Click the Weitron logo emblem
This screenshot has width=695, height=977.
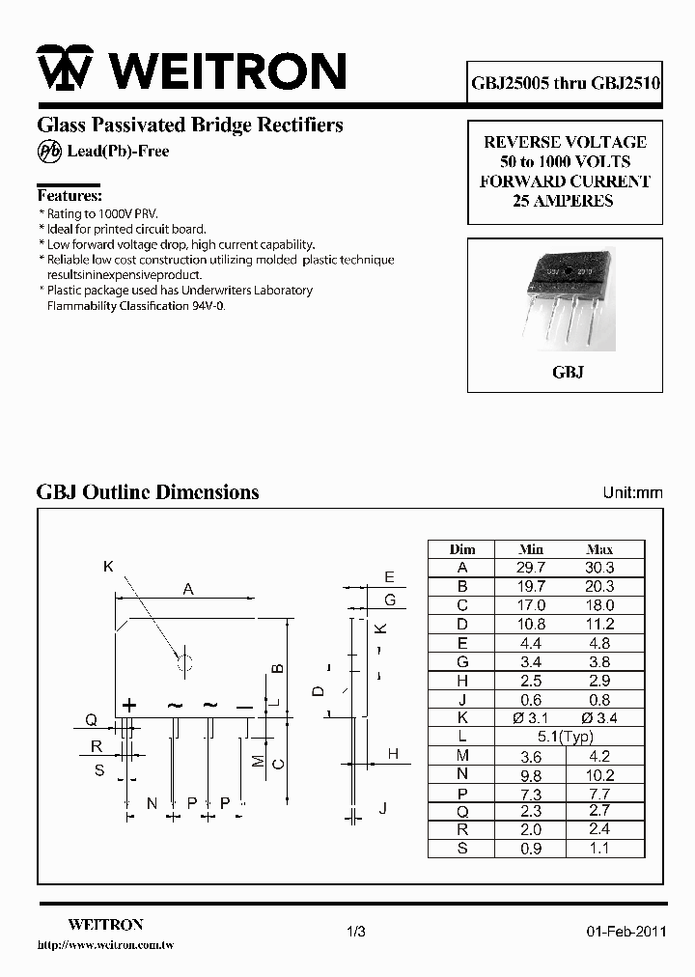[65, 70]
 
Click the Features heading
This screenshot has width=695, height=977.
[69, 195]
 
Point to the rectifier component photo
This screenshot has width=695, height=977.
[566, 300]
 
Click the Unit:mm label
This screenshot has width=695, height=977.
[632, 492]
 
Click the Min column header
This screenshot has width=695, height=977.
[531, 548]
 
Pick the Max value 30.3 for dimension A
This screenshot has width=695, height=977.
[599, 568]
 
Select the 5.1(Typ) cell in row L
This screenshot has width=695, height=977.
[565, 738]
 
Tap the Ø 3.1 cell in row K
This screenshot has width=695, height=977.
[531, 718]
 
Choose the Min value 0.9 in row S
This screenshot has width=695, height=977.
[531, 849]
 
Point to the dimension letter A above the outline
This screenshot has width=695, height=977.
[188, 589]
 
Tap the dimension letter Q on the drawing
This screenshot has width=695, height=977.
[91, 719]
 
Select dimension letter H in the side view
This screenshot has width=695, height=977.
[393, 753]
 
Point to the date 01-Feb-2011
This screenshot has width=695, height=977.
[625, 932]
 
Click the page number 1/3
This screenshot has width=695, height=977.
[355, 932]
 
